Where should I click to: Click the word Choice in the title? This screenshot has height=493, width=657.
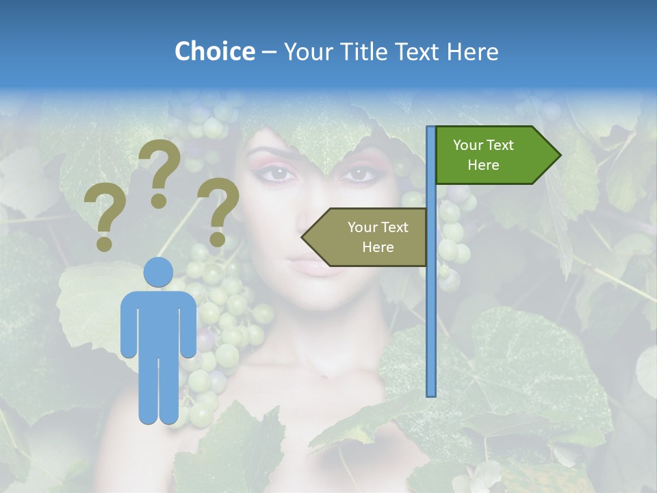pyautogui.click(x=214, y=51)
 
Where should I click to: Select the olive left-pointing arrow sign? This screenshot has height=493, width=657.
pyautogui.click(x=370, y=237)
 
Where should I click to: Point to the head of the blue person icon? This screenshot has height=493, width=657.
pyautogui.click(x=158, y=272)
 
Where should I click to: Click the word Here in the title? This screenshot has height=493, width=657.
pyautogui.click(x=473, y=51)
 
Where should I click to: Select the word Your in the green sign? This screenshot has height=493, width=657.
pyautogui.click(x=467, y=145)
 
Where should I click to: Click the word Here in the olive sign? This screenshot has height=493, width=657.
pyautogui.click(x=378, y=247)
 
